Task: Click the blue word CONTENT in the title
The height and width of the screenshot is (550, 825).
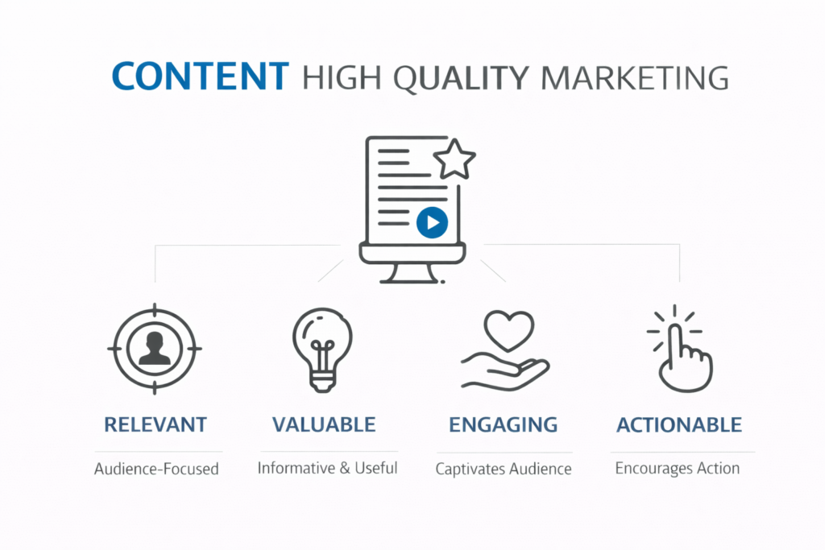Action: [x=200, y=77]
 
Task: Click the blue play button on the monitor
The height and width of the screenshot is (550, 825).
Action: [x=432, y=222]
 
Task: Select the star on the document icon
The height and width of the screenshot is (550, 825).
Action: [x=454, y=160]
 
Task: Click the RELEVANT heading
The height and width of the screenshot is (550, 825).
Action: [x=155, y=425]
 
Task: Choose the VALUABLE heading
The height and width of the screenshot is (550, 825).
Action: [x=324, y=424]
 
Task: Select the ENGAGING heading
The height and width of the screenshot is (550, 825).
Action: [x=504, y=424]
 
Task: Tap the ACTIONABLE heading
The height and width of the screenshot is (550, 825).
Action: [x=679, y=425]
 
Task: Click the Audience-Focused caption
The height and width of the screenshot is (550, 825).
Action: [x=156, y=469]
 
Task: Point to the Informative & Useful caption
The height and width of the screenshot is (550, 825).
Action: [x=327, y=468]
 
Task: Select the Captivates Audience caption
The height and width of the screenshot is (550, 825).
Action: [x=504, y=469]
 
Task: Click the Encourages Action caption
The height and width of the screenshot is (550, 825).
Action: [x=678, y=468]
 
